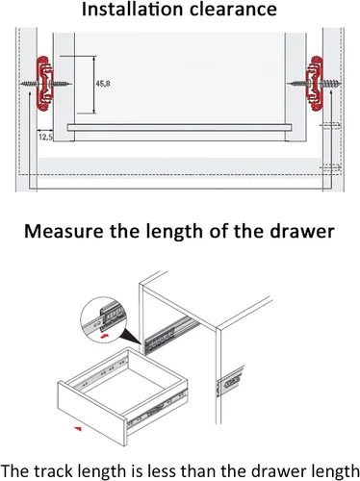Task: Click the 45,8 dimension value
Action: pyautogui.click(x=103, y=84)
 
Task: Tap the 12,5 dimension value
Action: pyautogui.click(x=45, y=138)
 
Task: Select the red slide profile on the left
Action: pyautogui.click(x=44, y=84)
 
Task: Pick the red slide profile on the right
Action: pyautogui.click(x=315, y=84)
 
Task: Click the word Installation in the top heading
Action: pyautogui.click(x=133, y=9)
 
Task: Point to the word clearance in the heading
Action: pyautogui.click(x=233, y=10)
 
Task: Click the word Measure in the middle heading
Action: pyautogui.click(x=64, y=231)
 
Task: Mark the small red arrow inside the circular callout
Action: pyautogui.click(x=104, y=337)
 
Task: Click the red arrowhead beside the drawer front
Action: pyautogui.click(x=78, y=429)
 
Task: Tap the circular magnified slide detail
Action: pyautogui.click(x=104, y=319)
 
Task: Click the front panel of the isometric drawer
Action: pyautogui.click(x=91, y=411)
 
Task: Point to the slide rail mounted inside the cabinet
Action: pyautogui.click(x=171, y=335)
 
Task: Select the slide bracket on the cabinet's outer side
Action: pyautogui.click(x=231, y=382)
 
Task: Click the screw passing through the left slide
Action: pyautogui.click(x=46, y=85)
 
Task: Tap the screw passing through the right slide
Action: pyautogui.click(x=314, y=85)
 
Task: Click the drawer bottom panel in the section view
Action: pyautogui.click(x=179, y=128)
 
